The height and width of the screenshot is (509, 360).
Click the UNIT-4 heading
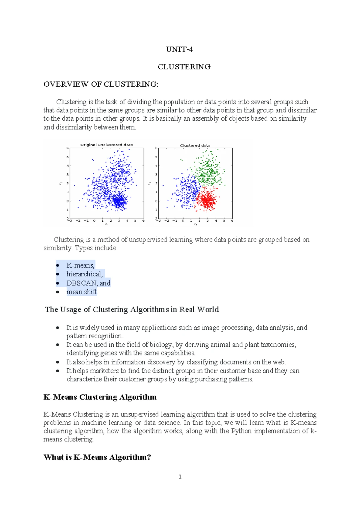point(179,49)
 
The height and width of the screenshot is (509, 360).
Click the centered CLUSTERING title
point(184,67)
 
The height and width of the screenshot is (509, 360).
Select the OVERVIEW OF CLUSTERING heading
point(101,84)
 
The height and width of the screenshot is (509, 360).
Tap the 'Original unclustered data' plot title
point(106,145)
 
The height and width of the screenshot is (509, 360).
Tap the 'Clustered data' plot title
point(195,145)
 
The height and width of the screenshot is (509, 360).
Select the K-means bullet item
point(80,265)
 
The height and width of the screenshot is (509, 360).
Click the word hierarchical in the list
point(84,274)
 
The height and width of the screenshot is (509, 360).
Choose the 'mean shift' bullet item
point(82,292)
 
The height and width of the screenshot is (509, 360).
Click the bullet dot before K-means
point(58,265)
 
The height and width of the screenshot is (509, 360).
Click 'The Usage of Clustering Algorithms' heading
point(132,309)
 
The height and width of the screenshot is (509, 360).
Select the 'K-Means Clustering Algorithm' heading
point(100,397)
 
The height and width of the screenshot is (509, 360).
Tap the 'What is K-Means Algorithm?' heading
point(97,457)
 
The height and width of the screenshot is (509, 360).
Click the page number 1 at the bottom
point(180,477)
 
